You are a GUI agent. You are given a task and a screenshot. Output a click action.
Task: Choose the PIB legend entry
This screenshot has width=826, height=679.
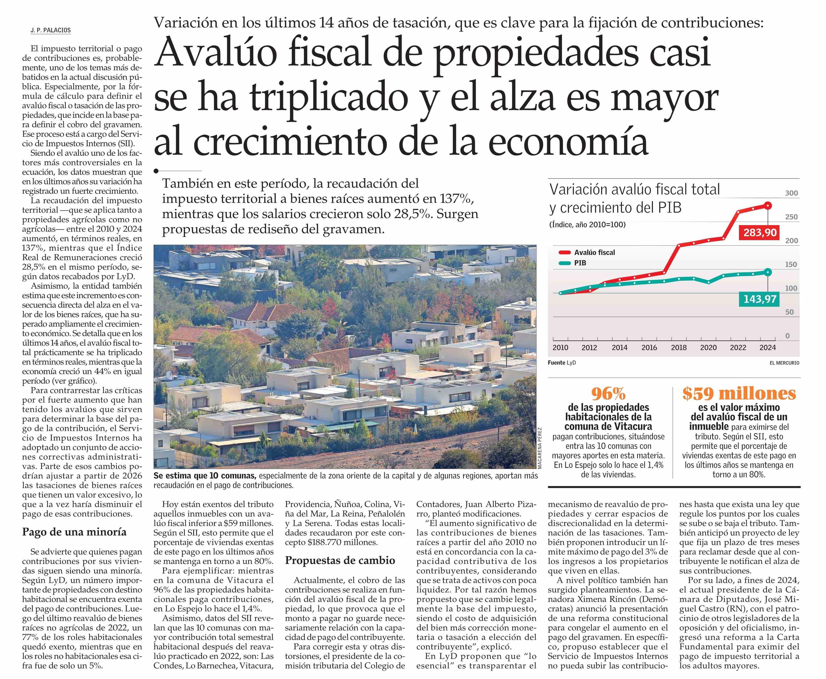coord(580,263)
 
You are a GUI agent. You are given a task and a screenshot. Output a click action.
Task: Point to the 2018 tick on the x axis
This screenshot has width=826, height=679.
coord(679,347)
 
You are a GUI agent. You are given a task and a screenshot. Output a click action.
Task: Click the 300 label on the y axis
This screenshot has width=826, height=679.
coord(792,193)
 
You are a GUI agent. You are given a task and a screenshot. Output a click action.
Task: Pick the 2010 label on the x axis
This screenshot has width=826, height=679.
coord(560,347)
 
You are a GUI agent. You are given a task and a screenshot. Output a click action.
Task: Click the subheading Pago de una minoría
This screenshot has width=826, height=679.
coord(74,532)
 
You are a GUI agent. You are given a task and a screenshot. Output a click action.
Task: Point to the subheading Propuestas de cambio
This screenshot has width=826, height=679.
coord(340,560)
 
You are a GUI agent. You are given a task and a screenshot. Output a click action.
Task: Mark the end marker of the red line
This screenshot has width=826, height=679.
coord(768,205)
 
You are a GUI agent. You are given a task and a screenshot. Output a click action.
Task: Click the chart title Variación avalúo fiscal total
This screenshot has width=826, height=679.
coord(634,190)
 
